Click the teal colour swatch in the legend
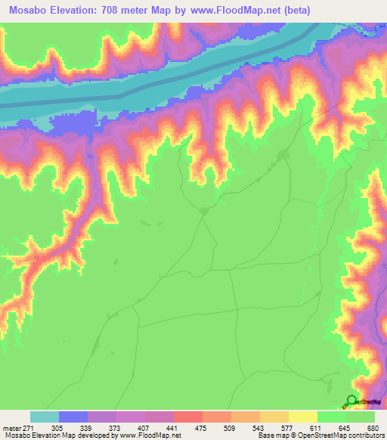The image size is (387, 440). [x=45, y=417]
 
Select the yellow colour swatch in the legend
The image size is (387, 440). [x=302, y=417]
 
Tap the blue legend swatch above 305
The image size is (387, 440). [x=73, y=417]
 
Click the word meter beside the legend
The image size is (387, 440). [x=11, y=428]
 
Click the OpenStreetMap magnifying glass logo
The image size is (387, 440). [x=351, y=403]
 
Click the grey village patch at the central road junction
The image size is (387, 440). [x=203, y=211]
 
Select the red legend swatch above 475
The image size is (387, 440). [x=187, y=417]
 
